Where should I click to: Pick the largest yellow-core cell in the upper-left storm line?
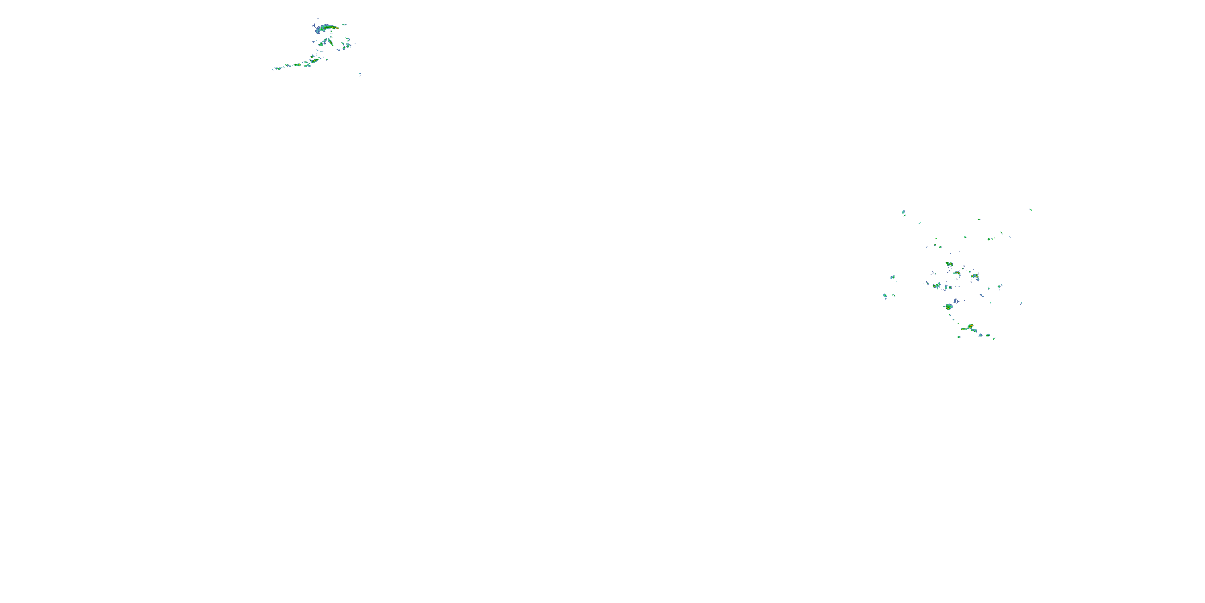tap(315, 60)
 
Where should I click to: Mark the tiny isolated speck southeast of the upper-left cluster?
tap(360, 74)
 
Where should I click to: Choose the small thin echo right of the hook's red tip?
tap(345, 25)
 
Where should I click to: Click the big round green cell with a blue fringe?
tap(949, 307)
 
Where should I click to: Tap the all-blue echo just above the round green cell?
tap(956, 301)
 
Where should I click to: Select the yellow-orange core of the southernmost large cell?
tap(971, 326)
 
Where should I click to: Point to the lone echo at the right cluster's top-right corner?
tap(1031, 210)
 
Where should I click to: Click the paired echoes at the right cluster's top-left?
tap(904, 213)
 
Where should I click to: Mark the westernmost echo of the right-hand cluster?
tap(884, 296)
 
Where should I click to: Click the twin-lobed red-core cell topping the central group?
tap(949, 264)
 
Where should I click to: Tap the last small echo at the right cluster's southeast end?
tap(994, 338)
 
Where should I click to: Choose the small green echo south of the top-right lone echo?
tap(1001, 233)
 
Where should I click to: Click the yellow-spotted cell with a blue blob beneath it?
tap(975, 276)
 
